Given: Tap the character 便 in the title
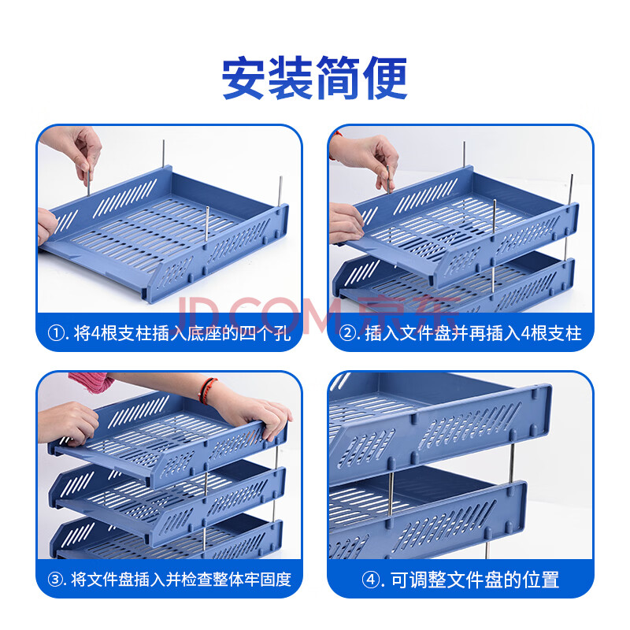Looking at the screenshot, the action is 385,78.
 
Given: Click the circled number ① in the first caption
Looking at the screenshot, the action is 55,333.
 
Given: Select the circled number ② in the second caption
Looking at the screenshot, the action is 346,333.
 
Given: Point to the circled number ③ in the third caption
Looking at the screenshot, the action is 55,580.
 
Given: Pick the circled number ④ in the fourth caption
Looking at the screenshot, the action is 369,580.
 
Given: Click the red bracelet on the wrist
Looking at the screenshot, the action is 206,390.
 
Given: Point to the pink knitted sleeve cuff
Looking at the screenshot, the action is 91,382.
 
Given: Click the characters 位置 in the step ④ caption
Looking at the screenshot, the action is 542,580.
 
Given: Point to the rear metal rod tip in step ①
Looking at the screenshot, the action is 164,141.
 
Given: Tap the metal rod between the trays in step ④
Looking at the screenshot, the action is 391,495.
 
